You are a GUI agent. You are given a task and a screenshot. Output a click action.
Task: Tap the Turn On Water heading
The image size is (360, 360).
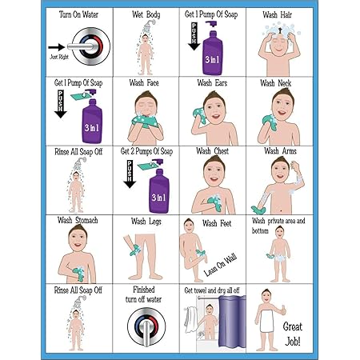click(80, 14)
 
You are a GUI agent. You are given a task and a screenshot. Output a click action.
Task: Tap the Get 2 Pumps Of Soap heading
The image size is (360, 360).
click(146, 150)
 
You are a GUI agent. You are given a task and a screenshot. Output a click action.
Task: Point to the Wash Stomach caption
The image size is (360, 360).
click(78, 220)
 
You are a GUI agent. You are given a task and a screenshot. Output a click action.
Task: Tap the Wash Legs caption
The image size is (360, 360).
click(146, 221)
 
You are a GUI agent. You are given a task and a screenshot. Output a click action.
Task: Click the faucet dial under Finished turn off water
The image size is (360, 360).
click(146, 326)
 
